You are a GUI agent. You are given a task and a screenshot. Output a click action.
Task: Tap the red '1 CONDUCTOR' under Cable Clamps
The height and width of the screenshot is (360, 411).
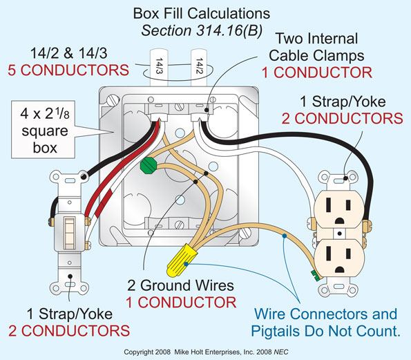316,72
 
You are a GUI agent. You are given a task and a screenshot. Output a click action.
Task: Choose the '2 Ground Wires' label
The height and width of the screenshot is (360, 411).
180,285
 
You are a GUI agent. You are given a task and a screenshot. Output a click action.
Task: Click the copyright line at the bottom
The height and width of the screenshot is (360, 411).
205,352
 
